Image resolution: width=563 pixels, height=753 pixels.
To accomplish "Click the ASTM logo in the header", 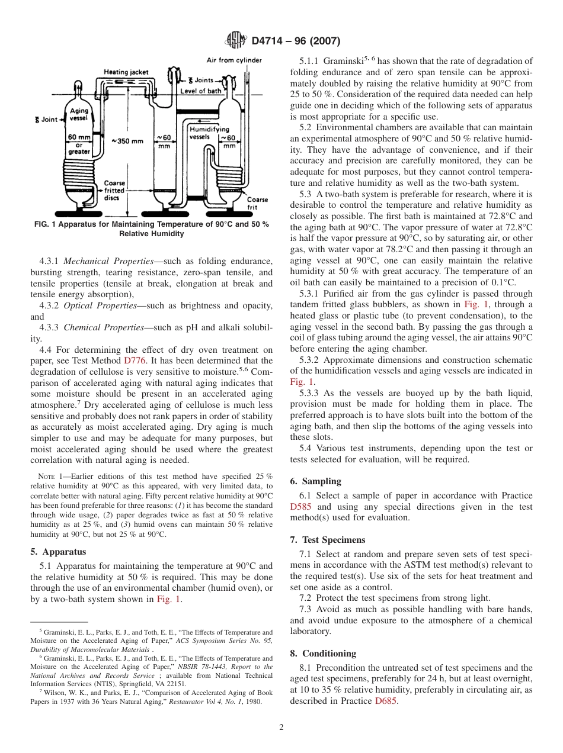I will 236,41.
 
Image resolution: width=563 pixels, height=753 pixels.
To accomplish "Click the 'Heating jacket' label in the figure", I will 126,72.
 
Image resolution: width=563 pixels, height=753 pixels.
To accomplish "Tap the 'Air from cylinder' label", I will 234,60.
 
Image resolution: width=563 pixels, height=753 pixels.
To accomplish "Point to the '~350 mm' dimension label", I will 127,141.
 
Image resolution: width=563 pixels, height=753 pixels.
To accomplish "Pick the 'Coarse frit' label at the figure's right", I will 257,203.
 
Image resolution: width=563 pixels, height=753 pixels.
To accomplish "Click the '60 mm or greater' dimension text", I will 79,144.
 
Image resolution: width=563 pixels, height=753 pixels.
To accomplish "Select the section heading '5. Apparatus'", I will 58,551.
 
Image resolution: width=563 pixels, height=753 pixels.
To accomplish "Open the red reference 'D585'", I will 302,507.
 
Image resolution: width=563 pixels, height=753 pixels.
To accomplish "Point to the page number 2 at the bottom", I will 281,728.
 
